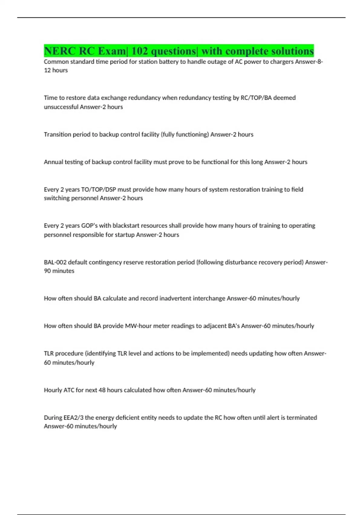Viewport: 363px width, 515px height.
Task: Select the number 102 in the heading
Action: [x=139, y=51]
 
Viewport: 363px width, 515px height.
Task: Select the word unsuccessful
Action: [x=61, y=107]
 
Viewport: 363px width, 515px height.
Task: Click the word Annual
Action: [x=52, y=162]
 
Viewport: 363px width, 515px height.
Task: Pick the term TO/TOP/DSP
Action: [x=99, y=190]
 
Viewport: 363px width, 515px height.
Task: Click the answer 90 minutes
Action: [x=59, y=271]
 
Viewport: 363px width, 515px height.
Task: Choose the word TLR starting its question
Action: [x=49, y=354]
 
